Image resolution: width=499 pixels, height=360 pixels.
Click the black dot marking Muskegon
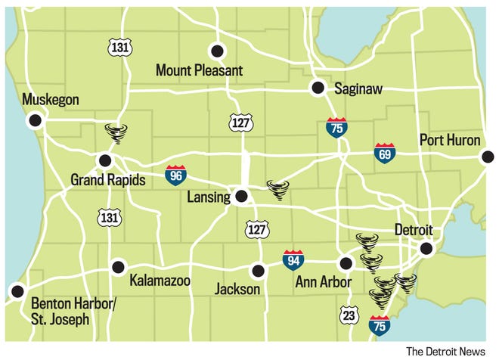[x=34, y=120]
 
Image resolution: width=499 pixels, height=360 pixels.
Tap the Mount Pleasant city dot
[x=218, y=51]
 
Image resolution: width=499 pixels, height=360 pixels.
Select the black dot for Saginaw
[x=318, y=87]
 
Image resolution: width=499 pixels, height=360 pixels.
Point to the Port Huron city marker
[x=488, y=157]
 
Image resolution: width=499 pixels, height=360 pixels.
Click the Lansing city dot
[x=241, y=197]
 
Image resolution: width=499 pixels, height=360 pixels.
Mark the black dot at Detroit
[x=426, y=248]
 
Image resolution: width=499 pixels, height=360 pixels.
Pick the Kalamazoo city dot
[x=118, y=266]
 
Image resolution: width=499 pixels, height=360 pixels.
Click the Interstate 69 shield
[x=384, y=154]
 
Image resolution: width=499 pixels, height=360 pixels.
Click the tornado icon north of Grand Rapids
[x=116, y=134]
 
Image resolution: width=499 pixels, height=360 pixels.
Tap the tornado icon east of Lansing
[x=277, y=188]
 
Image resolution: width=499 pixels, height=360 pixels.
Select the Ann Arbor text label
[x=323, y=283]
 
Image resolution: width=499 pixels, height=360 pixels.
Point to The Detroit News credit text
[x=445, y=351]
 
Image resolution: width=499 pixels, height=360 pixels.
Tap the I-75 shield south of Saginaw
[x=336, y=127]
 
